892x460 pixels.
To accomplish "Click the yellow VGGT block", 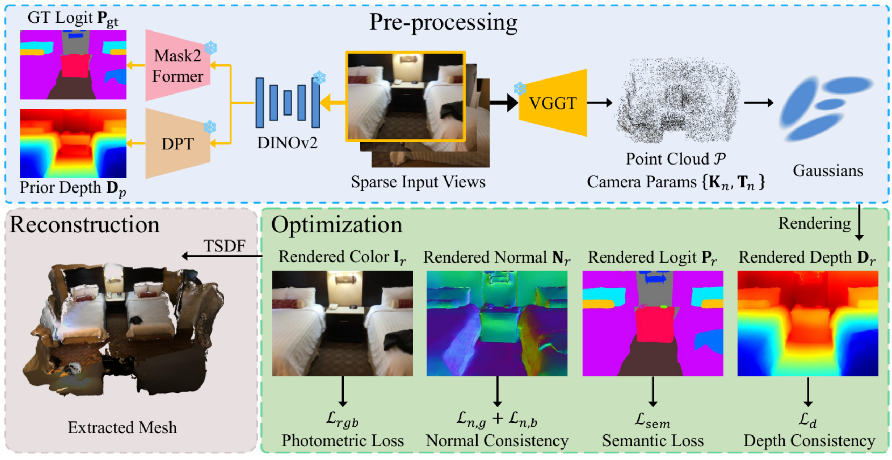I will click(553, 103).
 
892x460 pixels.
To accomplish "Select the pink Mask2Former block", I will click(178, 66).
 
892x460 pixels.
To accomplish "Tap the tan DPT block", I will click(178, 144).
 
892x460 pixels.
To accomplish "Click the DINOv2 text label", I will click(287, 143).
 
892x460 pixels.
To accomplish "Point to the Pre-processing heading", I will click(443, 22).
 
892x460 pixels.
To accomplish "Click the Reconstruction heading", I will click(84, 224).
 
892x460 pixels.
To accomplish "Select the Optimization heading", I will click(337, 224).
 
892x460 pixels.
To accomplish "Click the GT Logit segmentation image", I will click(73, 65).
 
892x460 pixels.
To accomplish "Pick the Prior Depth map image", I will click(73, 143).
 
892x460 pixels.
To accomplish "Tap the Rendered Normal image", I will click(497, 323).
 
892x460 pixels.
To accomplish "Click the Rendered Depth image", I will click(808, 323).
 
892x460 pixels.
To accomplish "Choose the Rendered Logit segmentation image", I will click(653, 323).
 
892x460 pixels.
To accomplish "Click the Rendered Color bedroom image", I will click(342, 323).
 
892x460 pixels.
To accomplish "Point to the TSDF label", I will click(224, 246).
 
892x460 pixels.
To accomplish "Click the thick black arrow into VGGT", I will click(504, 103).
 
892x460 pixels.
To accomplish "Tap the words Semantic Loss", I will click(653, 441).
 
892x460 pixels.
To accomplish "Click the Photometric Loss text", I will click(343, 441).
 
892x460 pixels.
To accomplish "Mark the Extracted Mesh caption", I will click(122, 427).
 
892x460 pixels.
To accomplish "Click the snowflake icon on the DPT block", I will click(210, 127).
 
